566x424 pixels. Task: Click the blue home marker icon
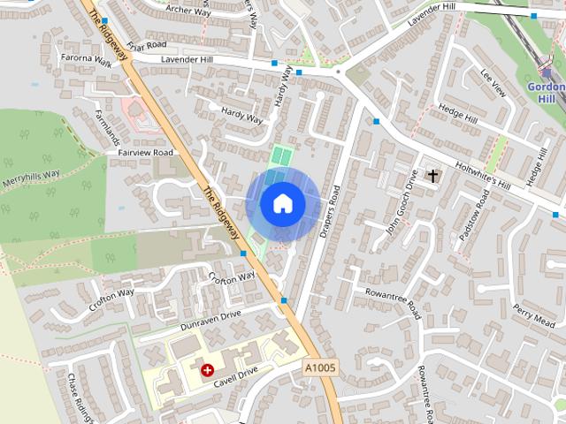click(x=282, y=203)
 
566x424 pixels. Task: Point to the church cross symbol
click(x=433, y=176)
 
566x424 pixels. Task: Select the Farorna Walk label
click(x=87, y=63)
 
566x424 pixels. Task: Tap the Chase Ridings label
click(x=79, y=396)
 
